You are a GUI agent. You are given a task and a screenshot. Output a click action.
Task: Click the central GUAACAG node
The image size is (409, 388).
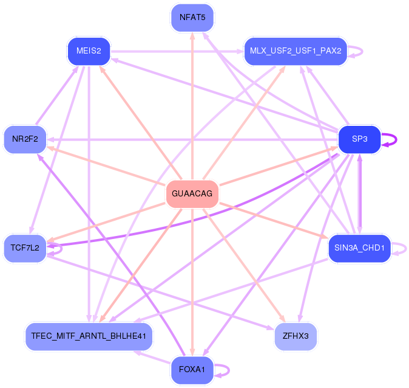click(192, 194)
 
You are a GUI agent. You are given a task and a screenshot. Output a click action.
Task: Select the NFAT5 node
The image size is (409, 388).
click(192, 17)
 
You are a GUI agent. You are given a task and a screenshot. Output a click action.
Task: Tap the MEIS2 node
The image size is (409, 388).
click(89, 50)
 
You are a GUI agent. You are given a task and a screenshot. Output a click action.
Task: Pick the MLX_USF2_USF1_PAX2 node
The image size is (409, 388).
click(296, 50)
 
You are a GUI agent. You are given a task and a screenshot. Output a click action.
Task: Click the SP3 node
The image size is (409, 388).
click(359, 139)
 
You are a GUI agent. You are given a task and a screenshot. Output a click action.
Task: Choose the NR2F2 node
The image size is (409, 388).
click(25, 139)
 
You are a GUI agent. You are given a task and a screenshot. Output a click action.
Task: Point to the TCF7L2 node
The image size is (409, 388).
click(25, 248)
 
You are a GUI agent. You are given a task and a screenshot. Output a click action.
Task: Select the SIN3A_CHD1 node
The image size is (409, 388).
click(359, 248)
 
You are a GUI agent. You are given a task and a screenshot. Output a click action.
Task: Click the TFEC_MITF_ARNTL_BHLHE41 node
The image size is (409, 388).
click(89, 336)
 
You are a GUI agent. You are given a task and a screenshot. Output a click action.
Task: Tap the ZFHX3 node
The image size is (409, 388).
click(296, 336)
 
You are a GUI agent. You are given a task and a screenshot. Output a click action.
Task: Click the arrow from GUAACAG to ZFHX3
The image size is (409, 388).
click(246, 267)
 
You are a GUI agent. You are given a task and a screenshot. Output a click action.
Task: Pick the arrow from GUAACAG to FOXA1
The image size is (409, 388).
click(192, 280)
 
